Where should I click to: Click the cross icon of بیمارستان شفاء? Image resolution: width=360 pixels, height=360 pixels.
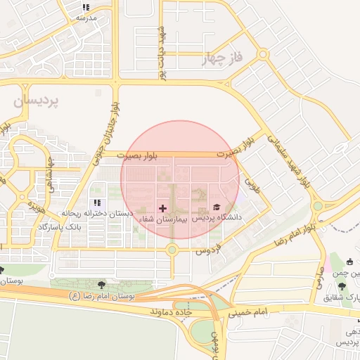coord(163,208)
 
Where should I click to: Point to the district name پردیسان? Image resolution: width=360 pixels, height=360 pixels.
coord(37,101)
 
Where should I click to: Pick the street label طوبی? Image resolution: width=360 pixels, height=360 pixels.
coord(251,184)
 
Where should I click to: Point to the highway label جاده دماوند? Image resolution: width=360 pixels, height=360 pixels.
coord(170,309)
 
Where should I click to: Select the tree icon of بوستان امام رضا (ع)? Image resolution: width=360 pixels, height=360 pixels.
coord(102,285)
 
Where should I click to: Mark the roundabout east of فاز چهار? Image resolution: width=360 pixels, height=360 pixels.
coord(262,53)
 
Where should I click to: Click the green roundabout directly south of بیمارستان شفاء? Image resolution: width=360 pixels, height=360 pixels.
coord(172,249)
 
